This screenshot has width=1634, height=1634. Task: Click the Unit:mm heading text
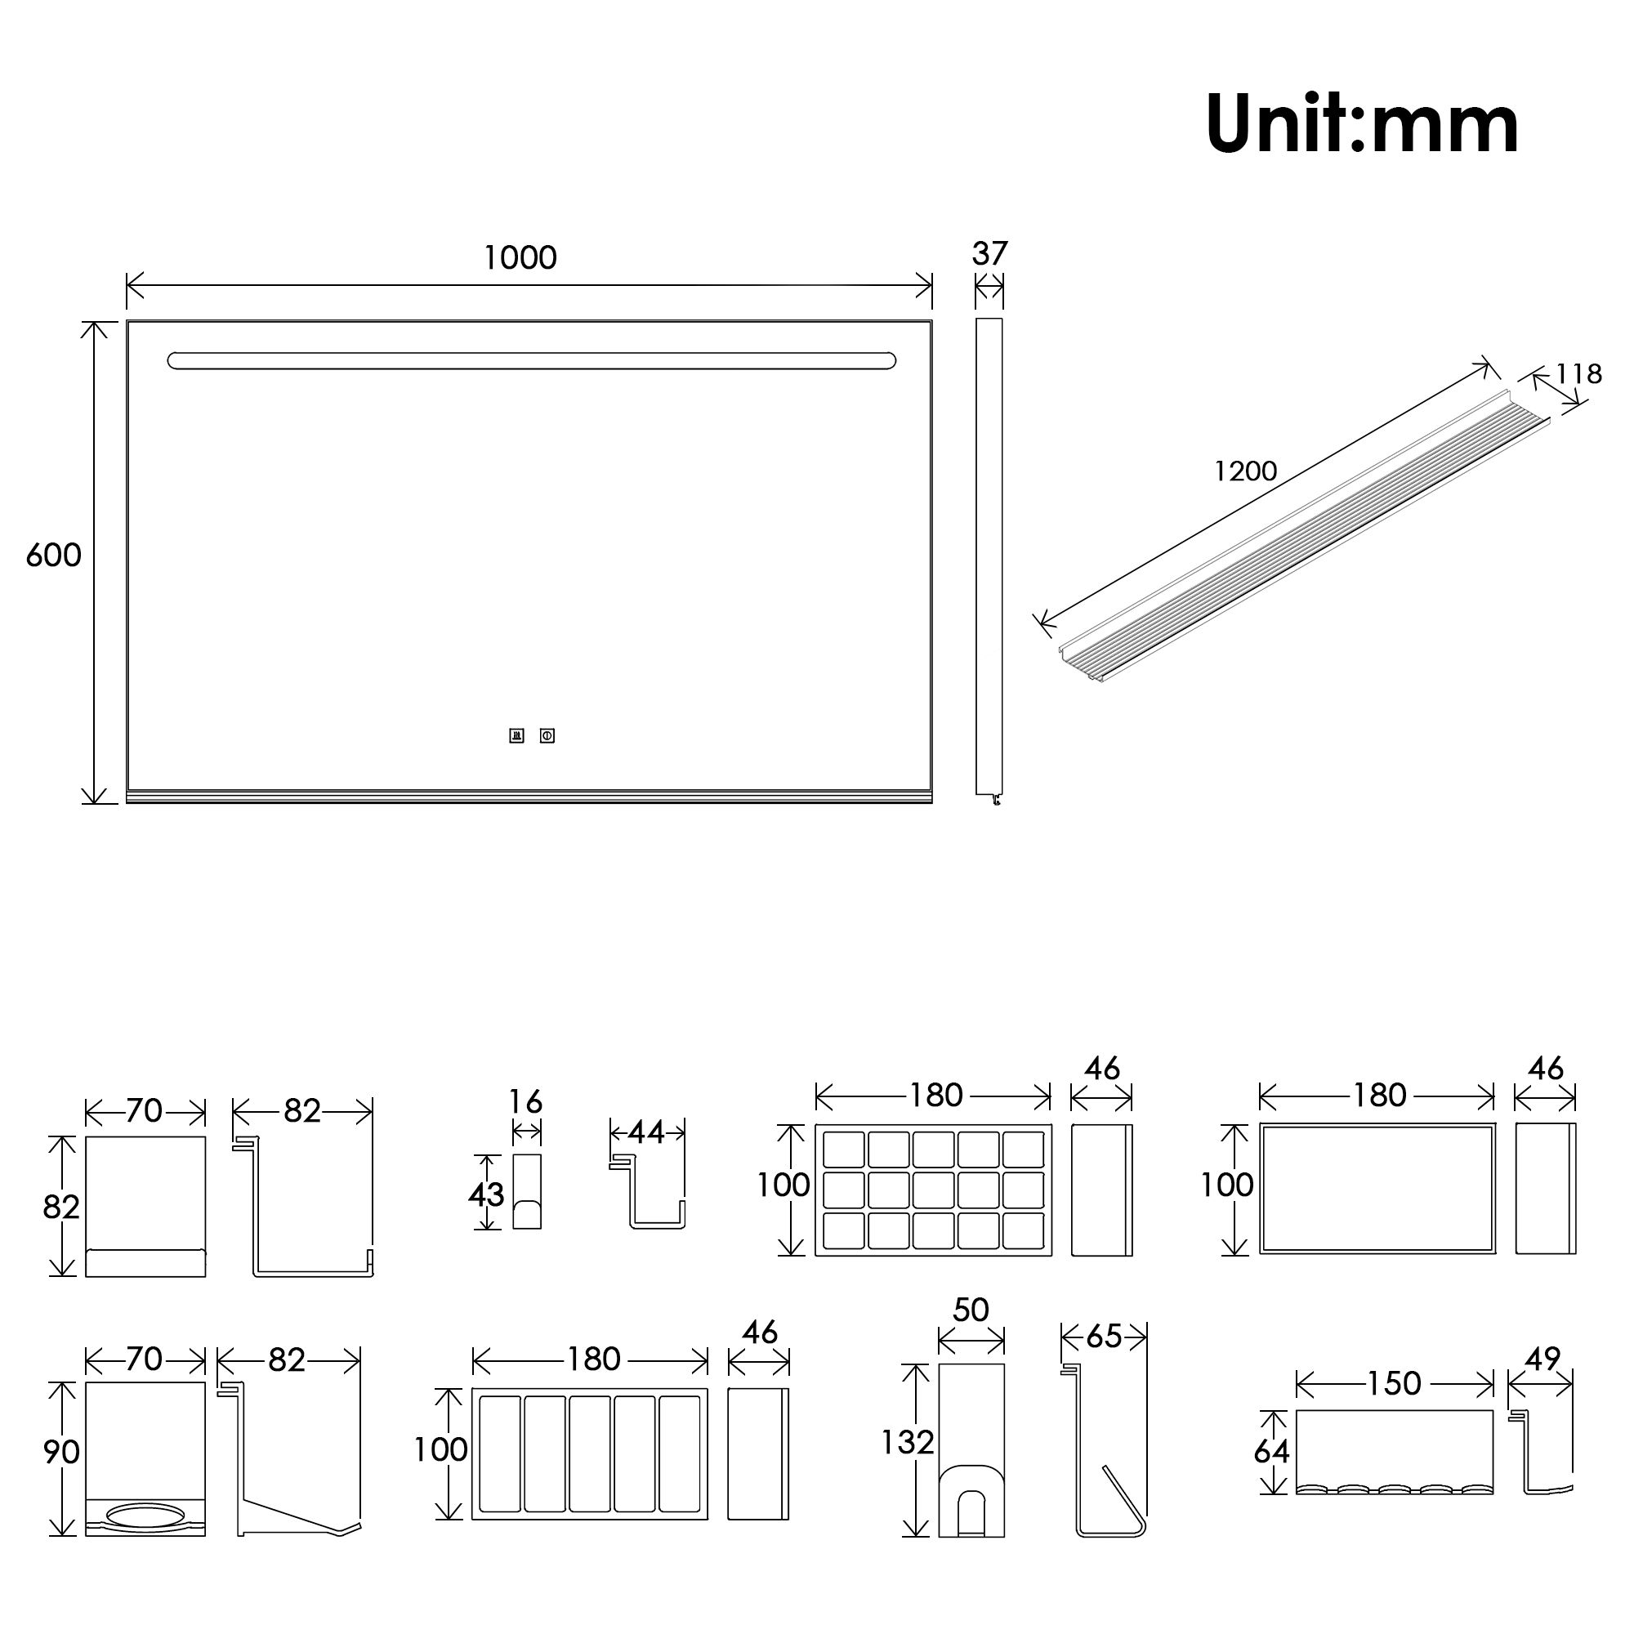tap(1362, 124)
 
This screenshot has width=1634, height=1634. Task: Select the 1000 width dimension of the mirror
tap(520, 258)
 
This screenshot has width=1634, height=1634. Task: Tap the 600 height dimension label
tap(53, 556)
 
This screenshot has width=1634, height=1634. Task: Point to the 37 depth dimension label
tap(989, 254)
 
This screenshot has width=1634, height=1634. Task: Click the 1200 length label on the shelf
tap(1245, 471)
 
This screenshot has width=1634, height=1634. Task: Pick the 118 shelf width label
tap(1578, 374)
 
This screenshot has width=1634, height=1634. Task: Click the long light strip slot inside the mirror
tap(532, 361)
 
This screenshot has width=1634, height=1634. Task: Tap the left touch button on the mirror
tap(517, 736)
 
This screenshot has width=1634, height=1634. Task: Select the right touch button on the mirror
tap(547, 736)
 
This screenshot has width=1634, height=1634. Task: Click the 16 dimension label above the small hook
tap(525, 1102)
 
